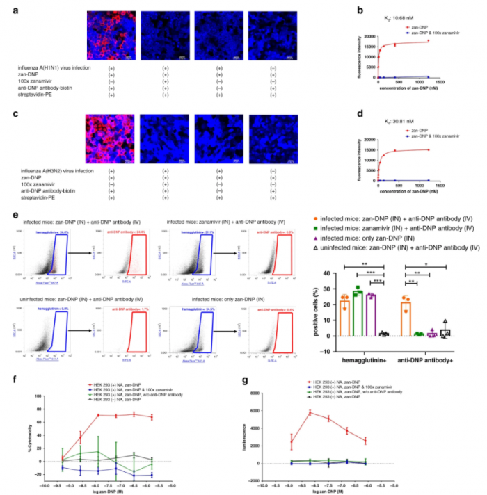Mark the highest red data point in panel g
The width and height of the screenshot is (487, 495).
(x=309, y=412)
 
